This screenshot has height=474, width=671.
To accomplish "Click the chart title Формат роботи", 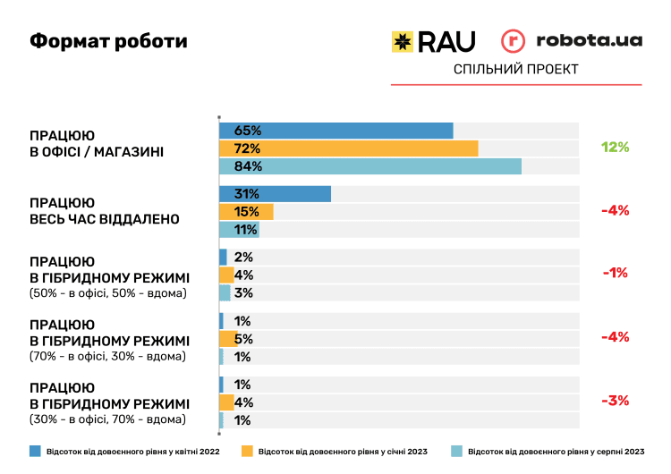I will coord(109,42).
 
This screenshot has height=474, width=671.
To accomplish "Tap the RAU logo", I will coord(434,41).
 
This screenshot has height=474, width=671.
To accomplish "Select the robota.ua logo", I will coord(571,41).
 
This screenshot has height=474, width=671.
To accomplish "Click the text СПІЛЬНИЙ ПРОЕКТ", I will coord(516,69).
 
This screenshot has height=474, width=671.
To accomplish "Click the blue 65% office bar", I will coord(335,131).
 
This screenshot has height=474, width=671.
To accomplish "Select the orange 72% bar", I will coord(348,148).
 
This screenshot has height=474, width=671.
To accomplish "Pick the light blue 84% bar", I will coord(369,166).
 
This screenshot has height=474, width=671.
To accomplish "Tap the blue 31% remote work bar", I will coord(275,194).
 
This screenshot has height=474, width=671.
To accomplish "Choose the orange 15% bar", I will coord(246,212).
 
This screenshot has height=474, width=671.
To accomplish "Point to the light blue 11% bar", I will coord(239,230).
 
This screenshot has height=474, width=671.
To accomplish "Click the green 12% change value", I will coord(616,148).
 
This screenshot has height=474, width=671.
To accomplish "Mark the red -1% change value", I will coord(616,274).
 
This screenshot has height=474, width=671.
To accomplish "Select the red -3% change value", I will coord(616,401).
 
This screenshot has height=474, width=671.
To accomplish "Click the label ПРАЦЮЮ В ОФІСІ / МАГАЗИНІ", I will coord(97,143).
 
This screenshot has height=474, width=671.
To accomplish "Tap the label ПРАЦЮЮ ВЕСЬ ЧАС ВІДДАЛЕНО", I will coord(105,211).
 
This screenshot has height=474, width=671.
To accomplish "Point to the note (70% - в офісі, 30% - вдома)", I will coord(108,356).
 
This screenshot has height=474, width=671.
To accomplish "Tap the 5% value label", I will coord(243,339).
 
